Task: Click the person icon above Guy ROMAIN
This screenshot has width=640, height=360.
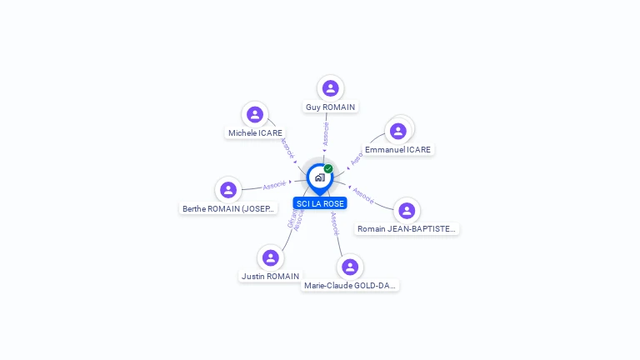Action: coord(331,88)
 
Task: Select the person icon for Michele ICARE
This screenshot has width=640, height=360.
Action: coord(255,114)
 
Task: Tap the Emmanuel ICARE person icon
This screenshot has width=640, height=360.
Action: coord(398,131)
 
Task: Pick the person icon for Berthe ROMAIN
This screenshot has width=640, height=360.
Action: coord(228,190)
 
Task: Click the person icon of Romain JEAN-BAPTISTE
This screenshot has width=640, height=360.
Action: coord(406,210)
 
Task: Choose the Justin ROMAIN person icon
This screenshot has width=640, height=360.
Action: coord(270,257)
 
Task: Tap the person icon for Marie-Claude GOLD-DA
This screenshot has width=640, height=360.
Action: coord(350,267)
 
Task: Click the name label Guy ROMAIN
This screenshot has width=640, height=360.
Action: coord(331,107)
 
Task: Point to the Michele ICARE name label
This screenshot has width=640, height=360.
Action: coord(255,133)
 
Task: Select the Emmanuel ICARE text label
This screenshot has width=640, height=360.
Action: coord(398,150)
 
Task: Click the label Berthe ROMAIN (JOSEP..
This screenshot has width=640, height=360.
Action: coord(228,209)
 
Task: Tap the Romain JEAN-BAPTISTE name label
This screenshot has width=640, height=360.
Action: coord(407,229)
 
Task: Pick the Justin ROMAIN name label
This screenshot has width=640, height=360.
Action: coord(270,277)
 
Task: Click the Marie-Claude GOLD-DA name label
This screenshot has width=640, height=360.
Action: coord(350,286)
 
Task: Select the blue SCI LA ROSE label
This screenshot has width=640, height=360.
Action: coord(320,203)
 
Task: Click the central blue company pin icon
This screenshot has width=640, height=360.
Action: coord(319,177)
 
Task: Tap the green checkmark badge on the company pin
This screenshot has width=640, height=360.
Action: coord(328,168)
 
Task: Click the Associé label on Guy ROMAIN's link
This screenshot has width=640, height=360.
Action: coord(326,134)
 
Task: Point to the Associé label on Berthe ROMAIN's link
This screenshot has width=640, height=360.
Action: coord(274,185)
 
